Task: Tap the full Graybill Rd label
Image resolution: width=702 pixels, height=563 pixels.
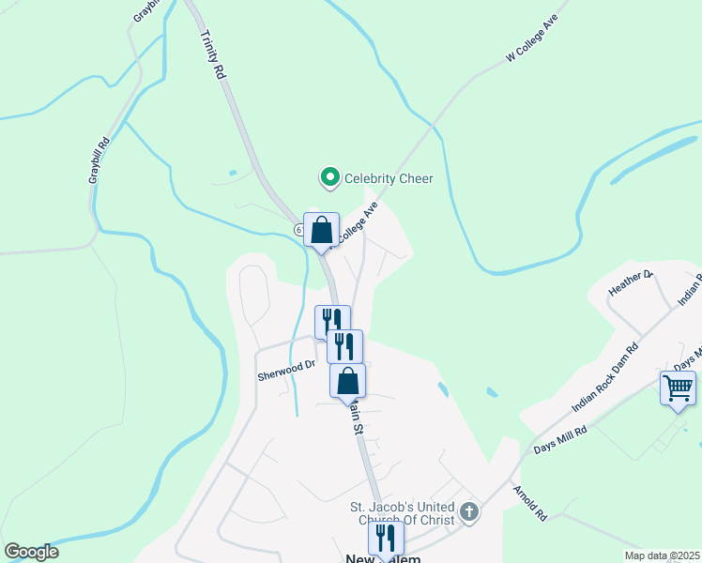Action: (x=99, y=160)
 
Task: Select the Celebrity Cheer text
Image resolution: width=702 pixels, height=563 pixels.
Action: (x=389, y=177)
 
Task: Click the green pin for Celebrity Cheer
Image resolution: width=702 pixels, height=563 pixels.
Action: (x=329, y=176)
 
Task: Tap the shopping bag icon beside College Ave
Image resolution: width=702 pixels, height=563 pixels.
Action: (x=321, y=230)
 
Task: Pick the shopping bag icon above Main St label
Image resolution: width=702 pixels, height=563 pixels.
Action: (x=347, y=381)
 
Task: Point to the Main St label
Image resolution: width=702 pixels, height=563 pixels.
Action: (x=355, y=417)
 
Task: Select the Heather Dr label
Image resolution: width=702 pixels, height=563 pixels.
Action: (x=630, y=281)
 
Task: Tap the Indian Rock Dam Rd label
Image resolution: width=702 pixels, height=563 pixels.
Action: (x=605, y=379)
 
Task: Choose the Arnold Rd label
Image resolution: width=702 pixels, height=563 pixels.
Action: (x=529, y=503)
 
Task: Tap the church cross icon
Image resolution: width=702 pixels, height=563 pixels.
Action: (x=469, y=512)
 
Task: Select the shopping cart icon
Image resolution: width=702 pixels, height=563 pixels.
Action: (x=678, y=388)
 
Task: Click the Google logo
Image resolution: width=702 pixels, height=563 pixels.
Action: (x=31, y=552)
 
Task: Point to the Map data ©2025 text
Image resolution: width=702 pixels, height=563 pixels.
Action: (x=661, y=555)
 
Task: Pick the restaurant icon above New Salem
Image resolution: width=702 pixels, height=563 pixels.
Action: (x=385, y=538)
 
